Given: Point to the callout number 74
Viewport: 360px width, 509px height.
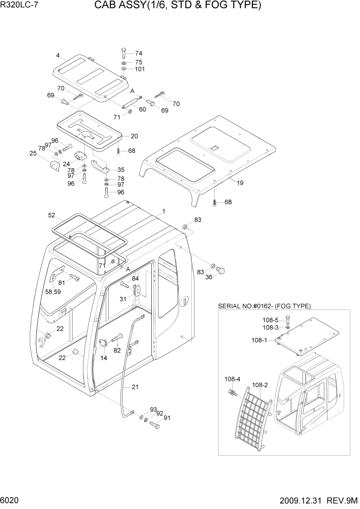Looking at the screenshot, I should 138,53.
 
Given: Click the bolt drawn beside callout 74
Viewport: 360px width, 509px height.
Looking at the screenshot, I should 124,53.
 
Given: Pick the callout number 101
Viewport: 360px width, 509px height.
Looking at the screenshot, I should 141,69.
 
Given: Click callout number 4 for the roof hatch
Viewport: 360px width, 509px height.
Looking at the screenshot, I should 58,55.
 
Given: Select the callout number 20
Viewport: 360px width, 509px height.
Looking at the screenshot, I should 134,136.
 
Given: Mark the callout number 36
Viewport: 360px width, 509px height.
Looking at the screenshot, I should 209,278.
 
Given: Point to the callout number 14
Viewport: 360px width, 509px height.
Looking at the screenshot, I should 104,358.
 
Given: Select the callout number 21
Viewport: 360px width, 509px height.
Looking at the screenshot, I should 135,387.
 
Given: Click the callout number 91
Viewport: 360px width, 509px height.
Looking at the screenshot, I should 166,418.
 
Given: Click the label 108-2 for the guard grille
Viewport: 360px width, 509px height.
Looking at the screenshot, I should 261,384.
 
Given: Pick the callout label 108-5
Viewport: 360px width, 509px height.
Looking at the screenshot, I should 269,320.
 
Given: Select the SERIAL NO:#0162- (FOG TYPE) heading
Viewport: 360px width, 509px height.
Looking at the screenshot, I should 264,306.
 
